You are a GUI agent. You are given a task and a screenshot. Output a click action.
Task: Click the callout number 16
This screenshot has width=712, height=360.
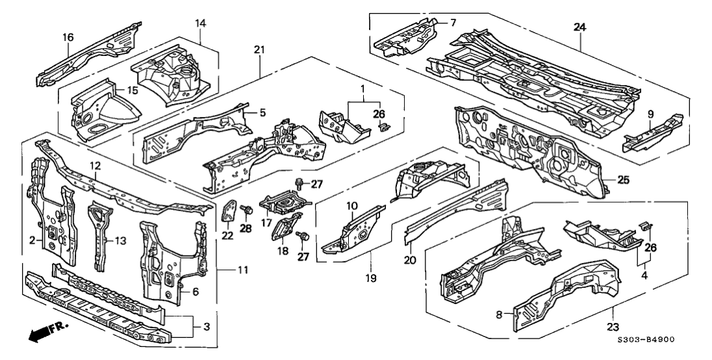[68, 37]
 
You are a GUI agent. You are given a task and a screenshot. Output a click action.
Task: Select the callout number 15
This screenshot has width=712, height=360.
[131, 90]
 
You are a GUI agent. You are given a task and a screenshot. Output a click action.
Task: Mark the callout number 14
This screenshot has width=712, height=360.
[200, 24]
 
